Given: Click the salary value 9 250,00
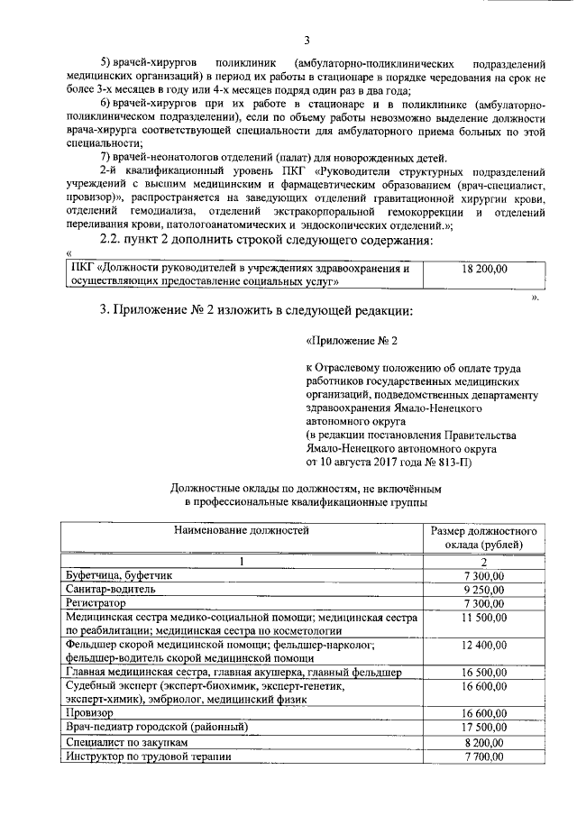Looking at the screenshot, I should point(484,588).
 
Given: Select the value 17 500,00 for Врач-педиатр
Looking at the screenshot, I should point(484,726).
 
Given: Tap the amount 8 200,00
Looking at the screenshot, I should point(484,741).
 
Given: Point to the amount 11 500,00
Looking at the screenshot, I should point(484,617).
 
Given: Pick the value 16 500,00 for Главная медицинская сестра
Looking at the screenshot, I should point(484,673).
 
